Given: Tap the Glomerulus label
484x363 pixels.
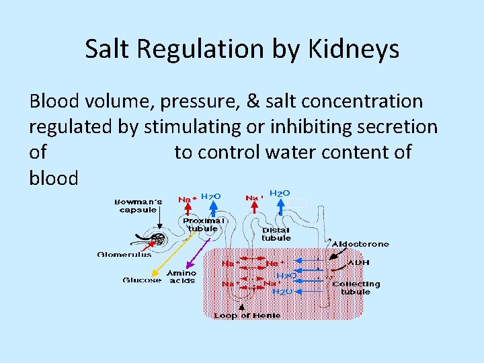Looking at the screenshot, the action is (x=124, y=255).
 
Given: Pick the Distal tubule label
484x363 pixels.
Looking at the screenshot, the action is (x=276, y=233).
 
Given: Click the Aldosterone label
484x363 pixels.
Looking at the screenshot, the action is (x=361, y=243).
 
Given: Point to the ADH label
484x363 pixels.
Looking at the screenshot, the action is (x=359, y=263).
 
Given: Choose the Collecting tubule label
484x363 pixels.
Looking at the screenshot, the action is (x=356, y=288).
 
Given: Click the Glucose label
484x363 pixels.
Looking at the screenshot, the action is (x=142, y=280).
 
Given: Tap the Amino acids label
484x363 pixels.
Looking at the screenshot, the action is (x=182, y=276).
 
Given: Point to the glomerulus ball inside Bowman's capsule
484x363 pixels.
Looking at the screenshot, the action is (x=159, y=239).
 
